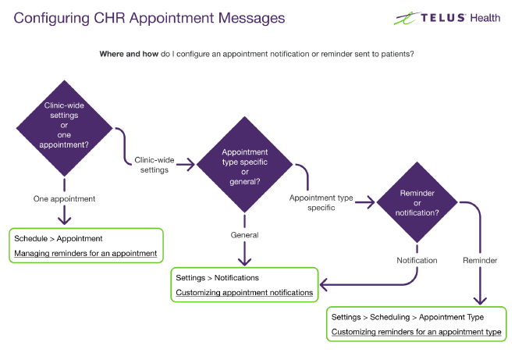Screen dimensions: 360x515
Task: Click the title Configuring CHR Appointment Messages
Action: click(x=149, y=17)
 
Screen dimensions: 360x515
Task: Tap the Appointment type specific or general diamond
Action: click(x=245, y=164)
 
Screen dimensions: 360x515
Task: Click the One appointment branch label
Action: click(x=64, y=199)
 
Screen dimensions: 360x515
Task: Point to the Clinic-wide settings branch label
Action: click(x=151, y=165)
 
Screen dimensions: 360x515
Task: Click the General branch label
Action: click(x=244, y=234)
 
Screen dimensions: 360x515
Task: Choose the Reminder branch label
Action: click(x=480, y=260)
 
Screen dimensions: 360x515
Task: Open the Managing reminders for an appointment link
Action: click(x=86, y=253)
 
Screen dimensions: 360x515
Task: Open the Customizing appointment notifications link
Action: click(x=244, y=293)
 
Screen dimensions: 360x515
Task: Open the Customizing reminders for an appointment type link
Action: click(x=416, y=332)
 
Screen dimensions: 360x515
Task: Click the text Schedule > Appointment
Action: click(x=59, y=238)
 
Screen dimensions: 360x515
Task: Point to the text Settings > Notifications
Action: click(x=217, y=277)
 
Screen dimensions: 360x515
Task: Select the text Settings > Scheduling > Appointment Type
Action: click(x=407, y=317)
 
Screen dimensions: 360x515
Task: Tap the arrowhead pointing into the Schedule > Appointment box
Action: click(x=64, y=221)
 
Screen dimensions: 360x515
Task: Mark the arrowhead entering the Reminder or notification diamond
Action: click(x=371, y=203)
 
